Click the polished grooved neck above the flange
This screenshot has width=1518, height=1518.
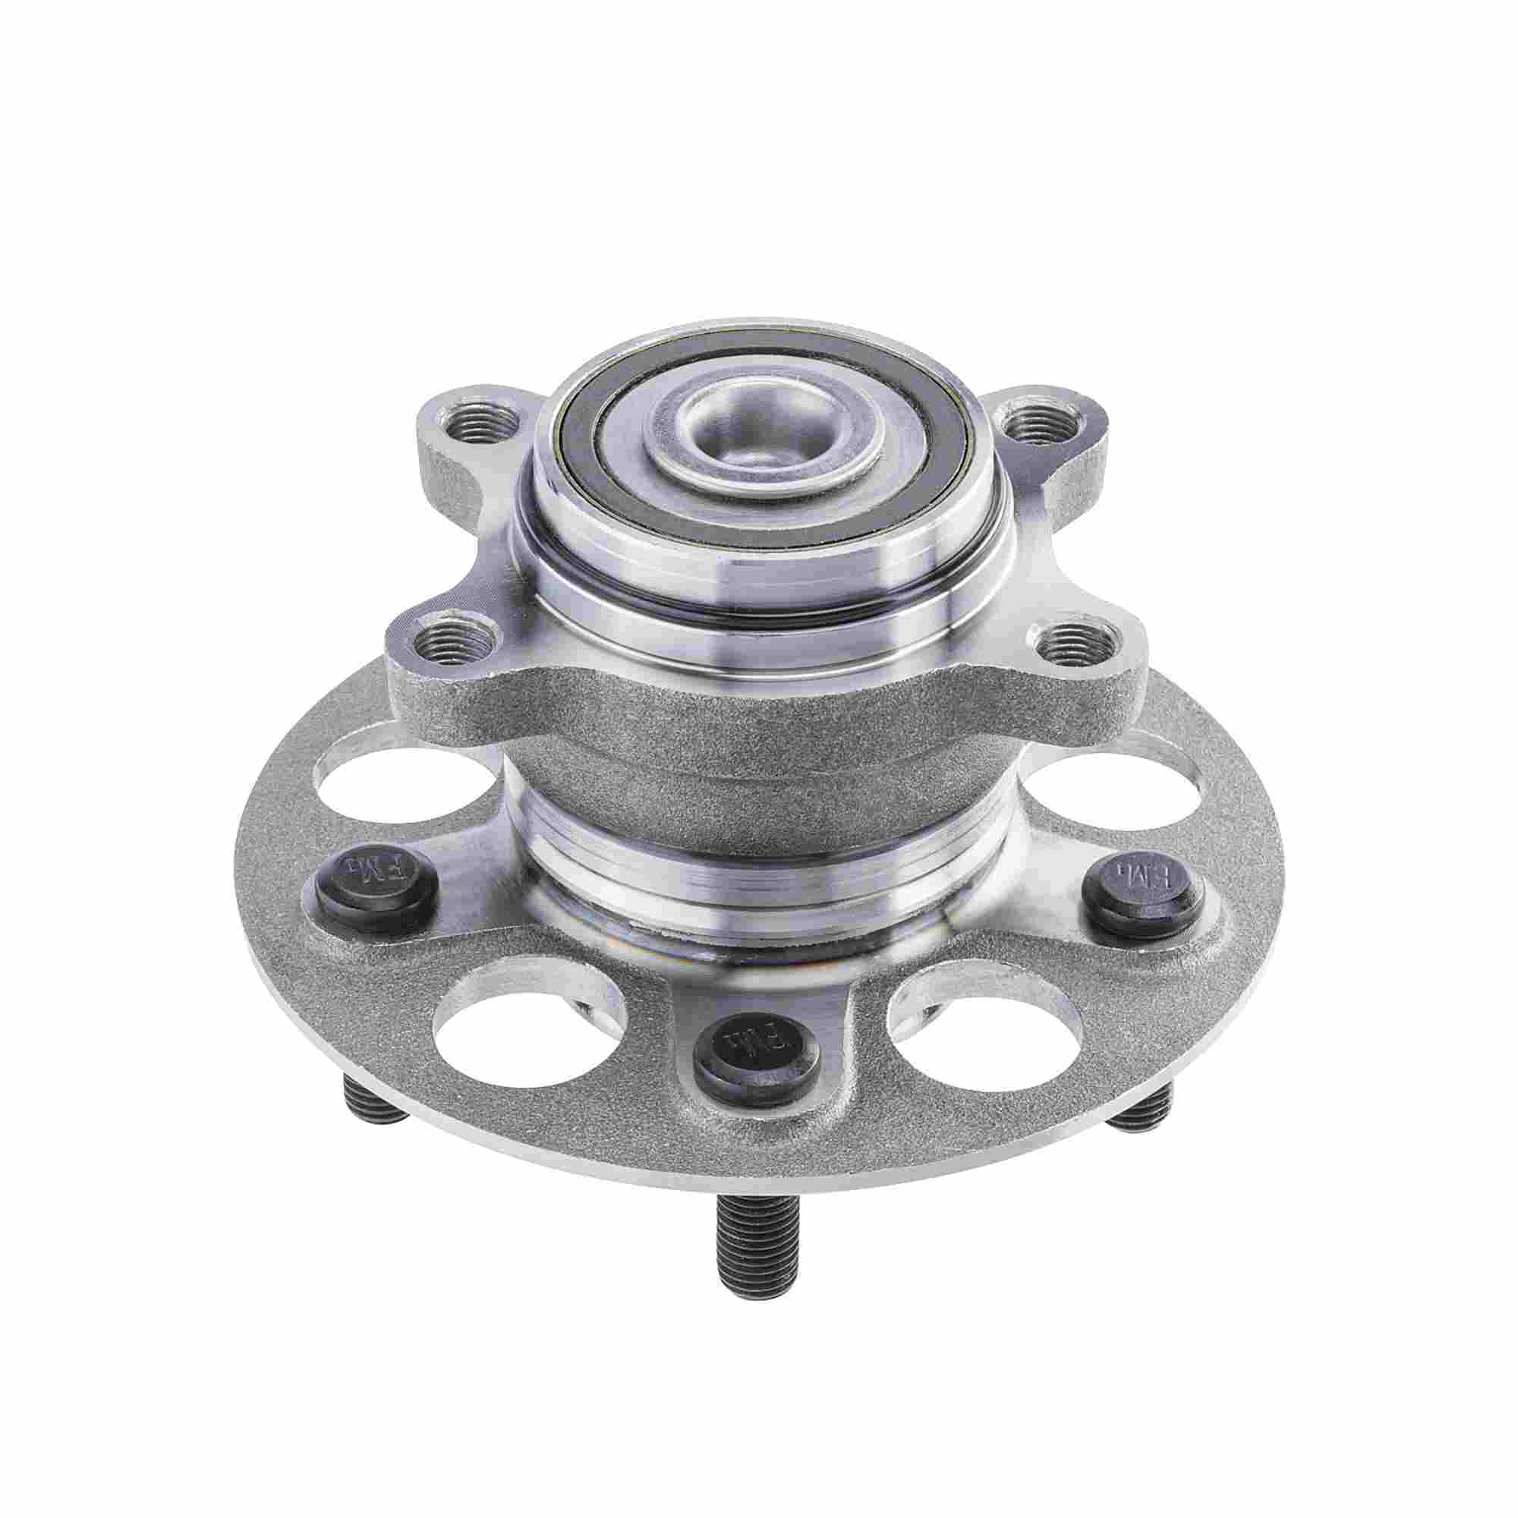point(754,865)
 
